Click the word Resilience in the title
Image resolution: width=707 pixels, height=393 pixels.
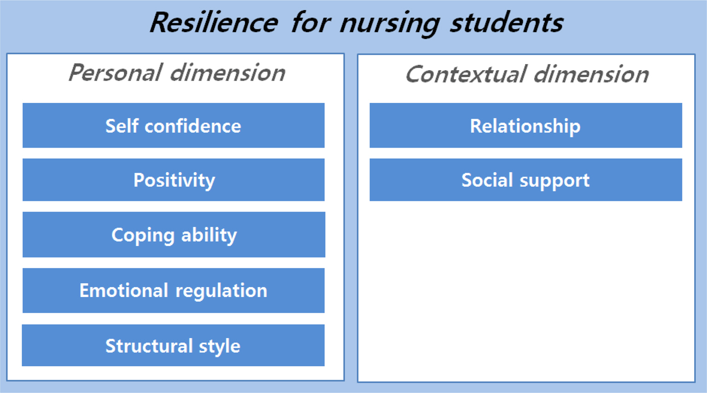pyautogui.click(x=214, y=23)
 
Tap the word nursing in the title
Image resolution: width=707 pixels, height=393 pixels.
pyautogui.click(x=390, y=25)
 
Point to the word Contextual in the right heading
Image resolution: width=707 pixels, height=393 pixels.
pyautogui.click(x=466, y=74)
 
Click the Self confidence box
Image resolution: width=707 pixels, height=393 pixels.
pyautogui.click(x=174, y=125)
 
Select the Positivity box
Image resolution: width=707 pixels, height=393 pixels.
pyautogui.click(x=174, y=179)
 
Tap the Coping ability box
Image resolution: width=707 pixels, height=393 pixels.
pyautogui.click(x=174, y=235)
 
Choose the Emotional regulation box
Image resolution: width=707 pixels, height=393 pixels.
pyautogui.click(x=174, y=291)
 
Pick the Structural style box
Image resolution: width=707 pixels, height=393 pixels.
pyautogui.click(x=173, y=345)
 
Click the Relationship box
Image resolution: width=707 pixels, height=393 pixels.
pyautogui.click(x=526, y=125)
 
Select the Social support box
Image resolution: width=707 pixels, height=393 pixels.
pyautogui.click(x=526, y=179)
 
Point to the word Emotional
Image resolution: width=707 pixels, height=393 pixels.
pyautogui.click(x=124, y=290)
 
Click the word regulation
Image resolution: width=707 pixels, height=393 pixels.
pyautogui.click(x=221, y=292)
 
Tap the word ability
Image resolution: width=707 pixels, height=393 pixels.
pyautogui.click(x=209, y=236)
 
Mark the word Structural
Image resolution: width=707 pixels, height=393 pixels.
pyautogui.click(x=149, y=345)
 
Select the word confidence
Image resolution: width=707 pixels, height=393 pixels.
pyautogui.click(x=193, y=126)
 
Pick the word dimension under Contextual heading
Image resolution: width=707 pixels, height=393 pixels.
pyautogui.click(x=591, y=74)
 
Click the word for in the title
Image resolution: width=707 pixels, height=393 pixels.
pyautogui.click(x=311, y=23)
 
